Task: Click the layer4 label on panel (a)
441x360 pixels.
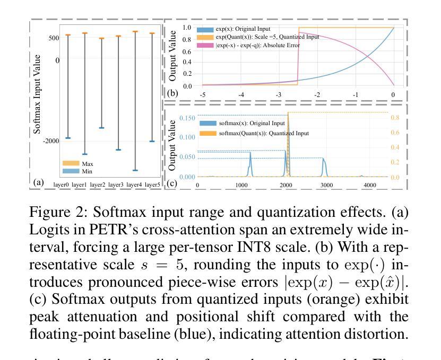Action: click(135, 184)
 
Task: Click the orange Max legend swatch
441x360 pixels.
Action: click(71, 164)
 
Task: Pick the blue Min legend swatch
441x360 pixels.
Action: click(71, 171)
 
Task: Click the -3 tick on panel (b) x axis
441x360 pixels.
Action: click(279, 94)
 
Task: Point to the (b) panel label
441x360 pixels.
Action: click(172, 94)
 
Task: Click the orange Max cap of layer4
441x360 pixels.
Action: click(135, 32)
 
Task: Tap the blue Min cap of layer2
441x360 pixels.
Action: click(101, 128)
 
